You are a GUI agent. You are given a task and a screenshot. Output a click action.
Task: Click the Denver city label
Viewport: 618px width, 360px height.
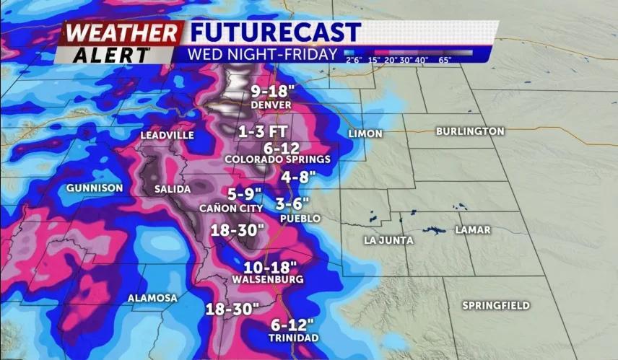(x=271, y=105)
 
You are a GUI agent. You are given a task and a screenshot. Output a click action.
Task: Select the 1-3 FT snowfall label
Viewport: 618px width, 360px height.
(x=265, y=132)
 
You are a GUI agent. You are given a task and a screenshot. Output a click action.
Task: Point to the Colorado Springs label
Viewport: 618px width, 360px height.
(x=277, y=159)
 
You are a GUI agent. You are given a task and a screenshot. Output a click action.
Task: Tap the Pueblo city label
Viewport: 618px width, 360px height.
(x=300, y=218)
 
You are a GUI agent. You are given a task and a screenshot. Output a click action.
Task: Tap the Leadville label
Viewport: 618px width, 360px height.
(x=167, y=135)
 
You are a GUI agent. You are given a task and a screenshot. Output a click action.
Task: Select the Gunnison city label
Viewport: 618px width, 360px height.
(x=94, y=188)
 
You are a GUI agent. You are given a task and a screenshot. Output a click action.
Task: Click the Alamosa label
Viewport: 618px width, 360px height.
(x=152, y=298)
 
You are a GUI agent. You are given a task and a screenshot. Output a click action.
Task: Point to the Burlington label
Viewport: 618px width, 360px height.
(x=470, y=131)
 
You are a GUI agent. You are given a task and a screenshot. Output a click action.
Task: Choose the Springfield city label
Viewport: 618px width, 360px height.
(x=496, y=305)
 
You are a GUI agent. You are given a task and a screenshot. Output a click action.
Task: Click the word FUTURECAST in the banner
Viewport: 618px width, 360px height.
(x=274, y=32)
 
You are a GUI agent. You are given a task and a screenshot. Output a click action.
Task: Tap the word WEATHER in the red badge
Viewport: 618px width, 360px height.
(x=121, y=33)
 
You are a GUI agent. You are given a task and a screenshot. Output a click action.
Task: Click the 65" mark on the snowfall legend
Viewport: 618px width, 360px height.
(x=445, y=60)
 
